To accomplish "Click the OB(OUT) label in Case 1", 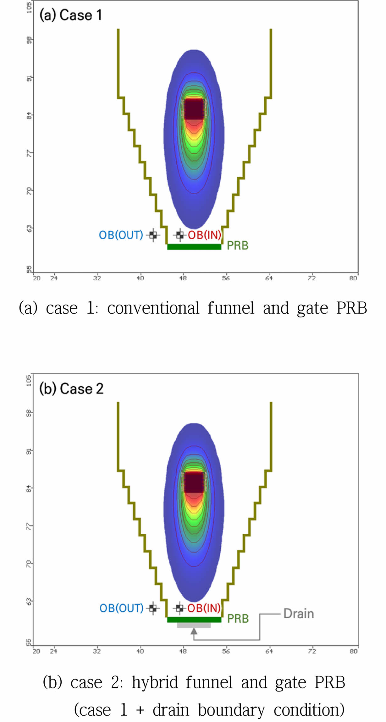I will click(x=121, y=235).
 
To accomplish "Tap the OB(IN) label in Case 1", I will click(x=205, y=235).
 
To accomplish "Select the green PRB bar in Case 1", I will click(x=194, y=247).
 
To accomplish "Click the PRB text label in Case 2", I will click(x=238, y=619).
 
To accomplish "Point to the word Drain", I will click(x=299, y=614).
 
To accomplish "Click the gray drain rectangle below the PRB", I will click(x=194, y=625).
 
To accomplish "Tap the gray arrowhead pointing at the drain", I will click(x=194, y=631).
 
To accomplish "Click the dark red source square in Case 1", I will click(x=194, y=109).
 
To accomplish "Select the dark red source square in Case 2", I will click(x=194, y=482).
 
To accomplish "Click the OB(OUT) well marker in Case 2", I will click(x=153, y=608).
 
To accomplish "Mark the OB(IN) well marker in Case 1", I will click(x=180, y=235).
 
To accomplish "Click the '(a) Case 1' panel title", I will click(x=71, y=15).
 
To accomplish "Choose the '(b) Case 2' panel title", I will click(x=71, y=389).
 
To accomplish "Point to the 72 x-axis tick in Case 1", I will click(x=312, y=278).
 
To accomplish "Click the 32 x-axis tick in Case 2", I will click(x=97, y=651).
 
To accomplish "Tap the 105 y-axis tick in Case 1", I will click(x=29, y=7).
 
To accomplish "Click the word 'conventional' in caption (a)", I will click(x=153, y=308).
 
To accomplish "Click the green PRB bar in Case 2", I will click(x=194, y=620).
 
